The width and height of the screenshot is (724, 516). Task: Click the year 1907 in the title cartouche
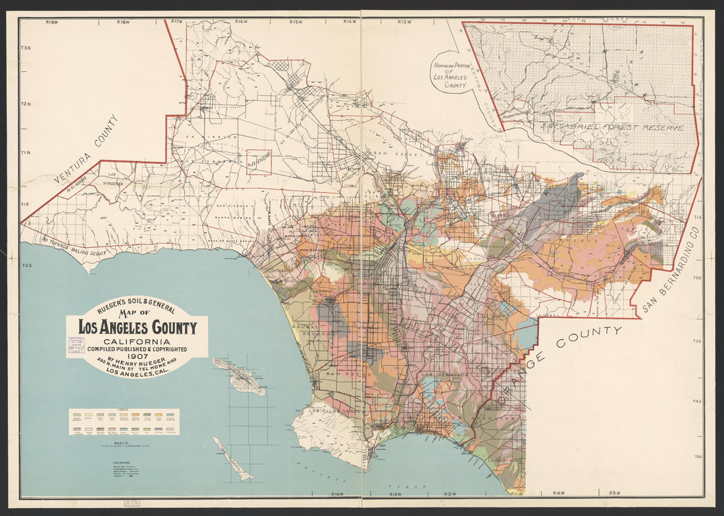coord(138,357)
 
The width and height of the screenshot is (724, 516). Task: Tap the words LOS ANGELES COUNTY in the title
coord(138,327)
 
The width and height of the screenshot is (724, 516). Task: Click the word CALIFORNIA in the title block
coord(138,342)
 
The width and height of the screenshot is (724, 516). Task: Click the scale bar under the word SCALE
coord(124,447)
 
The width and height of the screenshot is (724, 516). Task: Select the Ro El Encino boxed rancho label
coord(259,162)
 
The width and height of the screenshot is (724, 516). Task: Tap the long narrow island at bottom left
coord(233,459)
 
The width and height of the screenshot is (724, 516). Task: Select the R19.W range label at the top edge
coord(53,22)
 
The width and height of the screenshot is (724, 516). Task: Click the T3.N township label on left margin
coord(26,49)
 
